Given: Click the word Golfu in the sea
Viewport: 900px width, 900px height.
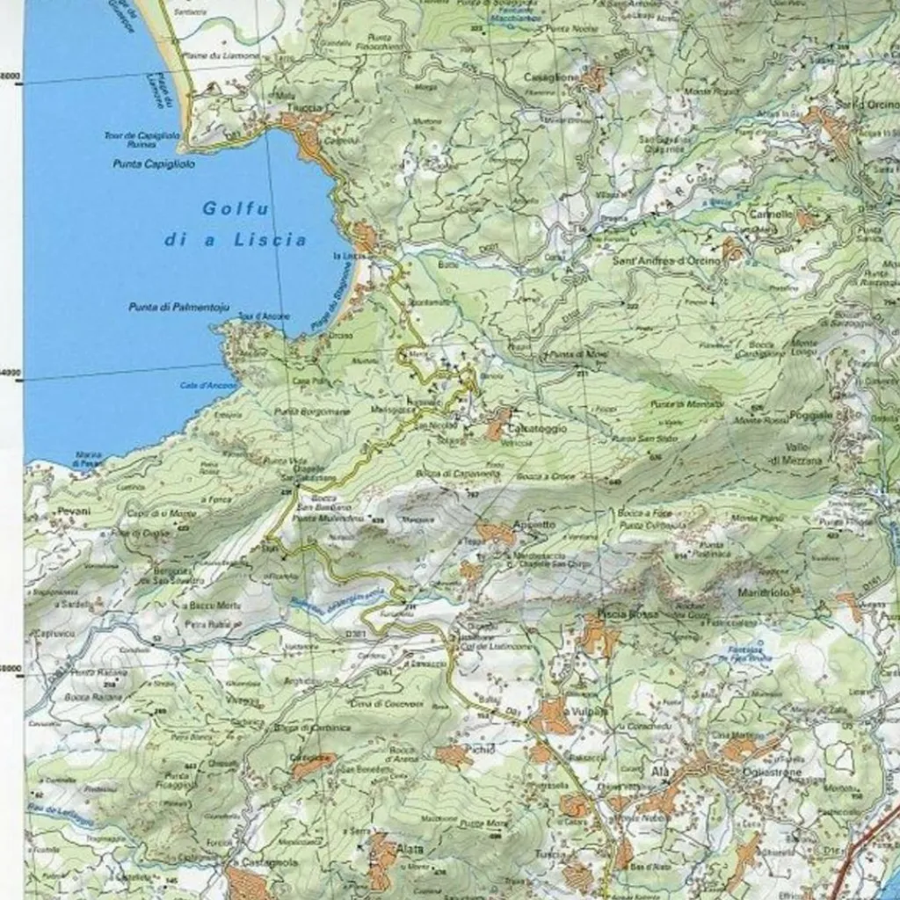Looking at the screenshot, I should point(224,209).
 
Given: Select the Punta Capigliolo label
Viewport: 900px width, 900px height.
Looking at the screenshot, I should point(146,163).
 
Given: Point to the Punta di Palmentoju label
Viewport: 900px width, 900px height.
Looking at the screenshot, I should point(178,307).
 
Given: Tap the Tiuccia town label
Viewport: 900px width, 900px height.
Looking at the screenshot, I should point(303,108).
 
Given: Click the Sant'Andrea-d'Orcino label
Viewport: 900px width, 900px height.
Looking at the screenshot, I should point(665,261).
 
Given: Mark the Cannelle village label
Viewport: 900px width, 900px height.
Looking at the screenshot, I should point(770,214).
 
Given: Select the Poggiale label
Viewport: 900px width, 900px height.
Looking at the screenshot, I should point(810,414).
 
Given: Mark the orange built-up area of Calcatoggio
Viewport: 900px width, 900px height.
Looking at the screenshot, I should point(497,425).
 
